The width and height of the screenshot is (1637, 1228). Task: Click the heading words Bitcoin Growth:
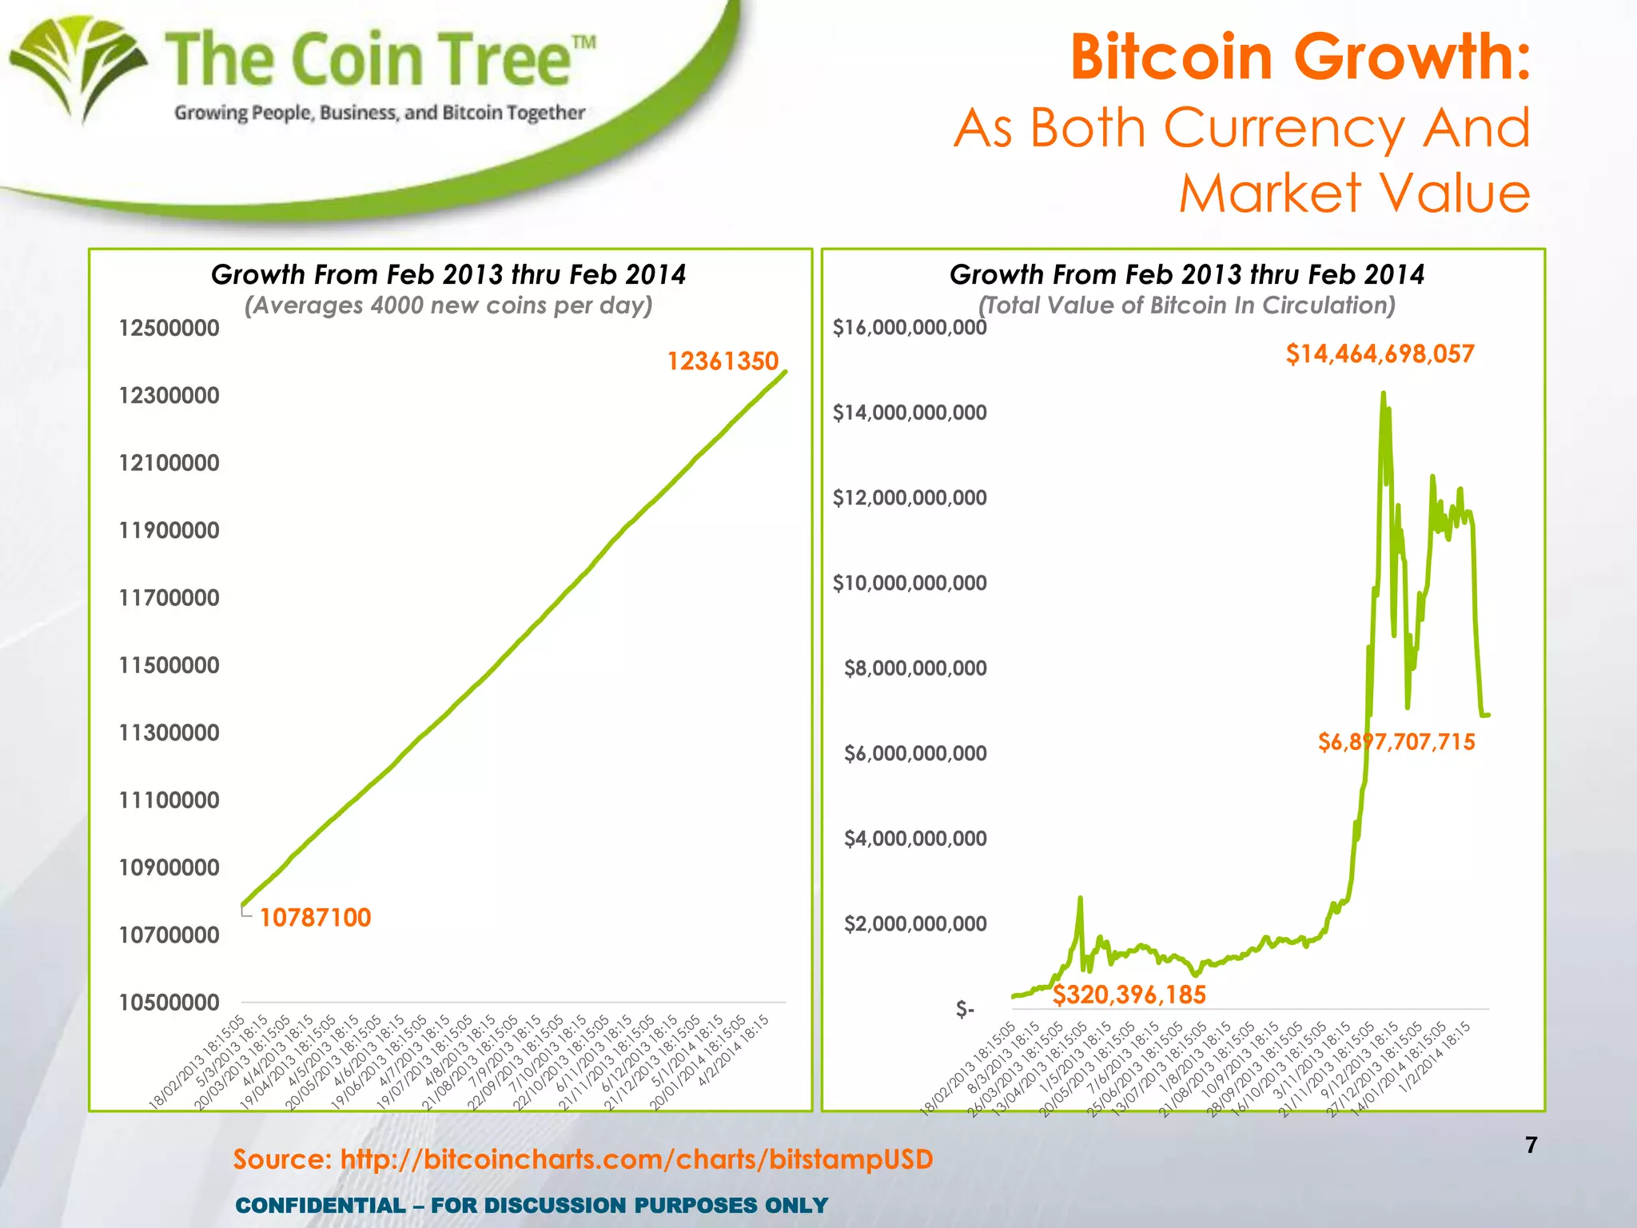coord(1300,58)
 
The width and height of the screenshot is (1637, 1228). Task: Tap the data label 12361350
coord(723,361)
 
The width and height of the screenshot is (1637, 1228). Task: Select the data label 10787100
coord(315,917)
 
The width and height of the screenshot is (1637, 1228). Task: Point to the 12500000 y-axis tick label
coord(169,328)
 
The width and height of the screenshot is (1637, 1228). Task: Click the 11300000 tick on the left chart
coord(169,732)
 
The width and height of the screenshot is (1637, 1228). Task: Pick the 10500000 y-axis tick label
coord(169,1002)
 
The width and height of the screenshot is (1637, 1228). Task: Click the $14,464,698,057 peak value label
coord(1380,353)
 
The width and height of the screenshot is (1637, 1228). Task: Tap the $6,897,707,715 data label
coord(1396,742)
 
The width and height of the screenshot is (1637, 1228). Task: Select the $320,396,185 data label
coord(1129,995)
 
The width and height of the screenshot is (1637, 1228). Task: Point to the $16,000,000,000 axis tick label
coord(909,328)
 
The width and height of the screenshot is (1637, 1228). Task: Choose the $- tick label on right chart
coord(965,1010)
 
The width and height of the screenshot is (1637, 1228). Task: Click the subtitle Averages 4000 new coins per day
coord(448,305)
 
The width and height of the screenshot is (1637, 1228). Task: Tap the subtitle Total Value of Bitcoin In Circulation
coord(1187,305)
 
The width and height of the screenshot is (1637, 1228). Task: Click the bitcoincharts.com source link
coord(636,1159)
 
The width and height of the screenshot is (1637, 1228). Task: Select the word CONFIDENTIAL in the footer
coord(321,1205)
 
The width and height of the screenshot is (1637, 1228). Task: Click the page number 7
coord(1531,1145)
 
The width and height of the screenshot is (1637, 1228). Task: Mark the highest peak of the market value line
coord(1383,393)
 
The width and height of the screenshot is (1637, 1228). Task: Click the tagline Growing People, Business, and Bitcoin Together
coord(380,113)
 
